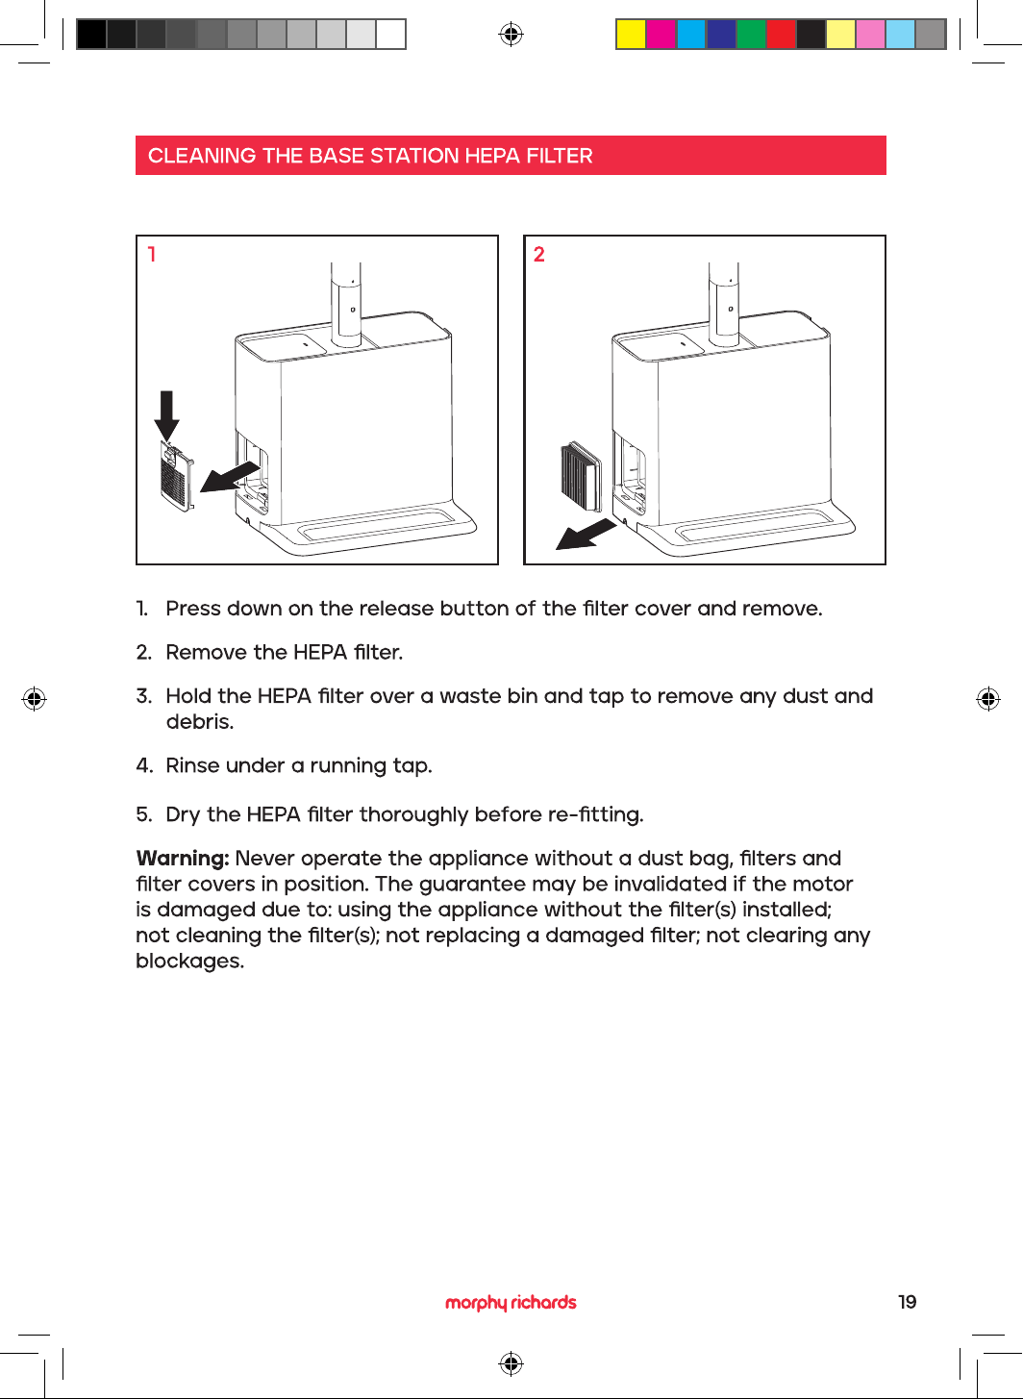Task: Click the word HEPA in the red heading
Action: pos(492,156)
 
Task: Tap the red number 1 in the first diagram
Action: pos(151,254)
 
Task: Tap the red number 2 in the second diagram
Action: pos(539,254)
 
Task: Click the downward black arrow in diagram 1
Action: pos(166,415)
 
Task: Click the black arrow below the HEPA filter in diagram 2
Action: pos(586,535)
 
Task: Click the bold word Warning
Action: pos(183,859)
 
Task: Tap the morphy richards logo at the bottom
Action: pos(511,1303)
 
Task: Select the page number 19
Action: pos(907,1302)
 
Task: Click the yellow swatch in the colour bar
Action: pos(631,34)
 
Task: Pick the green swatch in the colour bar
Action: pos(751,34)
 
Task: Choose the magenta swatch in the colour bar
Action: pos(661,34)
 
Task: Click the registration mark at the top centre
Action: pos(511,34)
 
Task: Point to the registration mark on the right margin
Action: pos(988,699)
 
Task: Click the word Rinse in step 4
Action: pos(192,765)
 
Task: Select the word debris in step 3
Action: pos(200,722)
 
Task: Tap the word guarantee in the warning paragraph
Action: pos(472,885)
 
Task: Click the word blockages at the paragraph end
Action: pos(189,962)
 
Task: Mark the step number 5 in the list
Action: pos(143,814)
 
